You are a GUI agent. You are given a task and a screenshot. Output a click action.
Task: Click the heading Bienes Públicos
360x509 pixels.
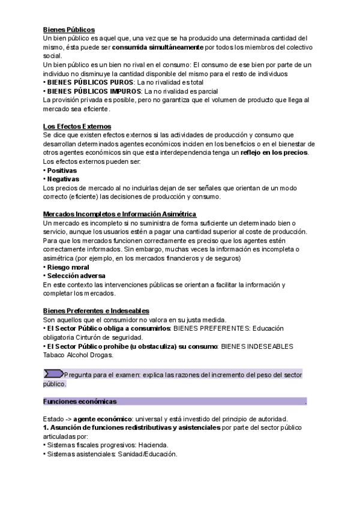pos(69,29)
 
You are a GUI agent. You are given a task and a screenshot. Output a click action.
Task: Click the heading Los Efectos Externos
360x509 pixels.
pos(77,126)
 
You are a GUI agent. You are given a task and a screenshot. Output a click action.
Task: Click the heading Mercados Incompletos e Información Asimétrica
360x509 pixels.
pos(119,214)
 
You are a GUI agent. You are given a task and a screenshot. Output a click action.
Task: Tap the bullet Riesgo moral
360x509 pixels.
pos(68,267)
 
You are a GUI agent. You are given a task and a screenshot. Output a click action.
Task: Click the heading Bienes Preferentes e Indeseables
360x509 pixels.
pos(96,311)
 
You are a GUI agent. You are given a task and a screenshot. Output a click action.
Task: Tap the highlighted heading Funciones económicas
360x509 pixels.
pos(80,401)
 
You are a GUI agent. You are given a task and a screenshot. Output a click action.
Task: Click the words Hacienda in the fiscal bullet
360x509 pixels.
pos(154,445)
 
